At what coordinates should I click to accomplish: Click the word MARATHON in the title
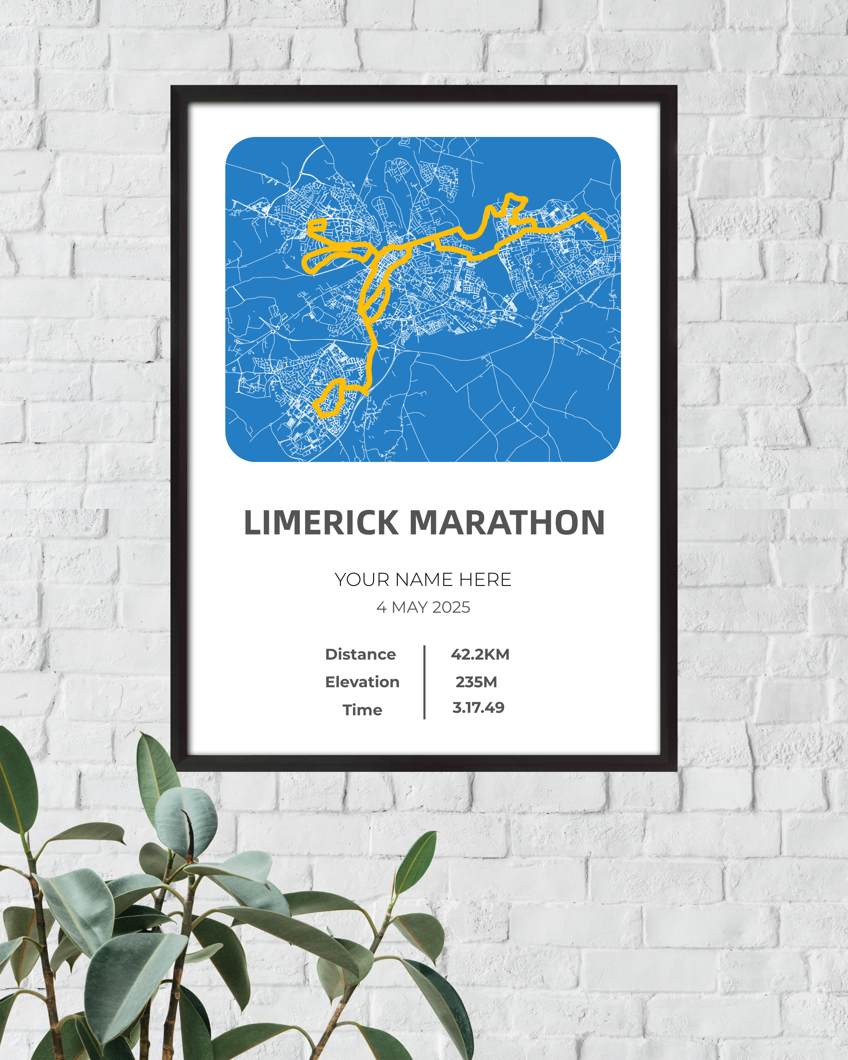pos(507,523)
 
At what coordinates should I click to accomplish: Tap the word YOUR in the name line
pos(362,580)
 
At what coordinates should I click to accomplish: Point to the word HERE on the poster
pos(485,580)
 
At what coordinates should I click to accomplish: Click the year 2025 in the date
pos(451,608)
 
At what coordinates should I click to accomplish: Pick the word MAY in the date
pos(409,608)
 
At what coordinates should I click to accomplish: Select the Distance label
pos(360,655)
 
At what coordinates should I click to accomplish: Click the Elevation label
pos(362,682)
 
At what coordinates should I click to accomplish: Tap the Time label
pos(362,710)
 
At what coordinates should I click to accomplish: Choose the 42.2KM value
pos(480,655)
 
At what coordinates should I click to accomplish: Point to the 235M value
pos(476,682)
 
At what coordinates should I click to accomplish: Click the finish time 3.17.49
pos(478,708)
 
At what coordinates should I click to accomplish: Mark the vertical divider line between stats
pos(424,682)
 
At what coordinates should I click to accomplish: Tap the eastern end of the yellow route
pos(604,238)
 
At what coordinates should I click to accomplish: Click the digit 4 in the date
pos(381,608)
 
